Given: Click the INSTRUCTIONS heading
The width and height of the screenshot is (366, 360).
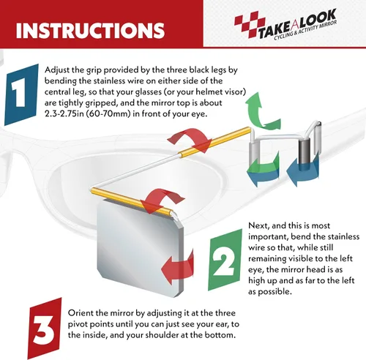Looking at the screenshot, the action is (90, 30).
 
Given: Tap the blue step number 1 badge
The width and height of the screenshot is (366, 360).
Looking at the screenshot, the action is (21, 94).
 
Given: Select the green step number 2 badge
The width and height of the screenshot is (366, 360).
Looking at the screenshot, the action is (225, 260).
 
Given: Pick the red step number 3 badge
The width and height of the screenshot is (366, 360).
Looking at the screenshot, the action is (45, 329).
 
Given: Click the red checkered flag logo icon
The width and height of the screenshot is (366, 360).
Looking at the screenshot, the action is (250, 24).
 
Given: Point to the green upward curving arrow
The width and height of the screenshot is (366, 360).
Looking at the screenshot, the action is (262, 111).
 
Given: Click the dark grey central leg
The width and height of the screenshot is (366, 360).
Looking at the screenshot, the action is (305, 151).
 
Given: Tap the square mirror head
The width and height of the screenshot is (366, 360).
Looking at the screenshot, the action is (141, 247).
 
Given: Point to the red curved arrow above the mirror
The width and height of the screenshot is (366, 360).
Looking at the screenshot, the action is (163, 201).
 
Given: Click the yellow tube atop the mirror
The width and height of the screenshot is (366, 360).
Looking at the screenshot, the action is (132, 201).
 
